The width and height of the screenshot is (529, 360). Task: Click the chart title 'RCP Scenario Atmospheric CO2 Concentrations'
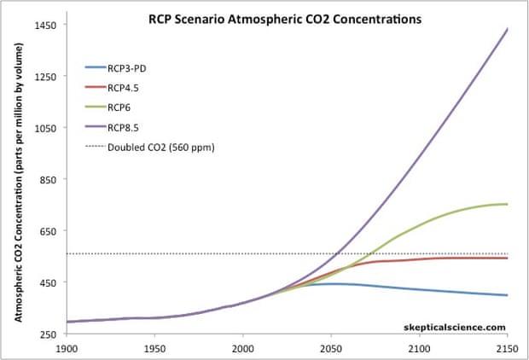[x=286, y=19]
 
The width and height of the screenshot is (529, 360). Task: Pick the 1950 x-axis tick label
[x=154, y=349]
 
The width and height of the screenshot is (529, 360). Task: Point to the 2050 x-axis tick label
[x=331, y=349]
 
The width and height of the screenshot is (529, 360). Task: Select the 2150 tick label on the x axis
[x=507, y=349]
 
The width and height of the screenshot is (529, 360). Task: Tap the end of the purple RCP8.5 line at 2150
[x=508, y=29]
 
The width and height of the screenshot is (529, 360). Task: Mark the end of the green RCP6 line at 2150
[x=508, y=204]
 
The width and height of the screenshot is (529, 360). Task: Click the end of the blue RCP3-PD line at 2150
[x=508, y=295]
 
